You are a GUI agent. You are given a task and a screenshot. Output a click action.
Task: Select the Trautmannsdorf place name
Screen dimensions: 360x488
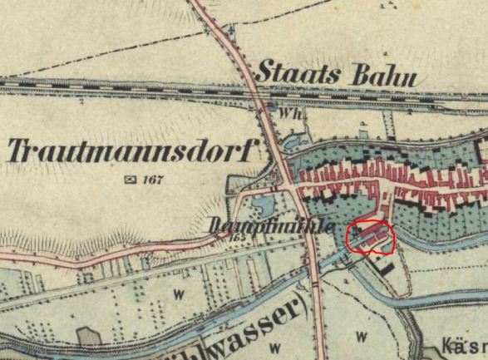click(133, 150)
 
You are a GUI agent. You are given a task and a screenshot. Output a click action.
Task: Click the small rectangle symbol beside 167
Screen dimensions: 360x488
click(129, 179)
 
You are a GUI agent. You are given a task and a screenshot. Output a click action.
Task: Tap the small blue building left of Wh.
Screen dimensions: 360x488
click(273, 106)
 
